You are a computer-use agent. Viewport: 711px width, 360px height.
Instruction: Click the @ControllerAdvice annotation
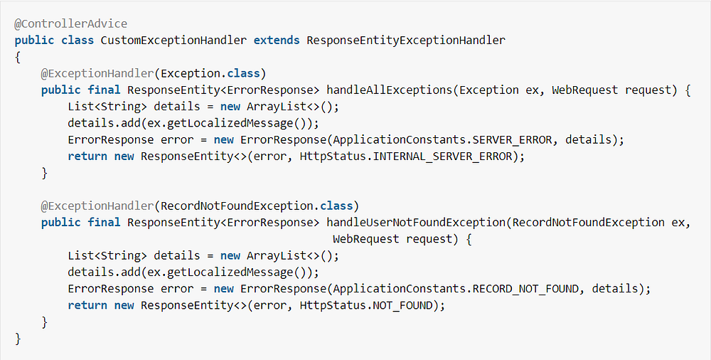pos(70,23)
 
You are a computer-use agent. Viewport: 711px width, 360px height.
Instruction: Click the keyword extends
pos(277,40)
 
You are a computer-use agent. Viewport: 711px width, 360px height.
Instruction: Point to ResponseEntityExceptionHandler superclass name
pos(405,40)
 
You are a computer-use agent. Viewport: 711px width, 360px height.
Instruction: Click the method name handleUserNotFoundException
pos(416,222)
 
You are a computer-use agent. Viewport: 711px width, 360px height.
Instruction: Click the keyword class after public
pos(77,40)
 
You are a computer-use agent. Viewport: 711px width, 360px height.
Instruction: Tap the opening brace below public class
pos(18,57)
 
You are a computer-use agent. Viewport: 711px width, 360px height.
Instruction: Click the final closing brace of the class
pos(18,339)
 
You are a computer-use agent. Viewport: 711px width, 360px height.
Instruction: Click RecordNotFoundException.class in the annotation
pos(257,206)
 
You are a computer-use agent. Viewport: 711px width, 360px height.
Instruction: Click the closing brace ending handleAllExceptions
pos(45,173)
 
